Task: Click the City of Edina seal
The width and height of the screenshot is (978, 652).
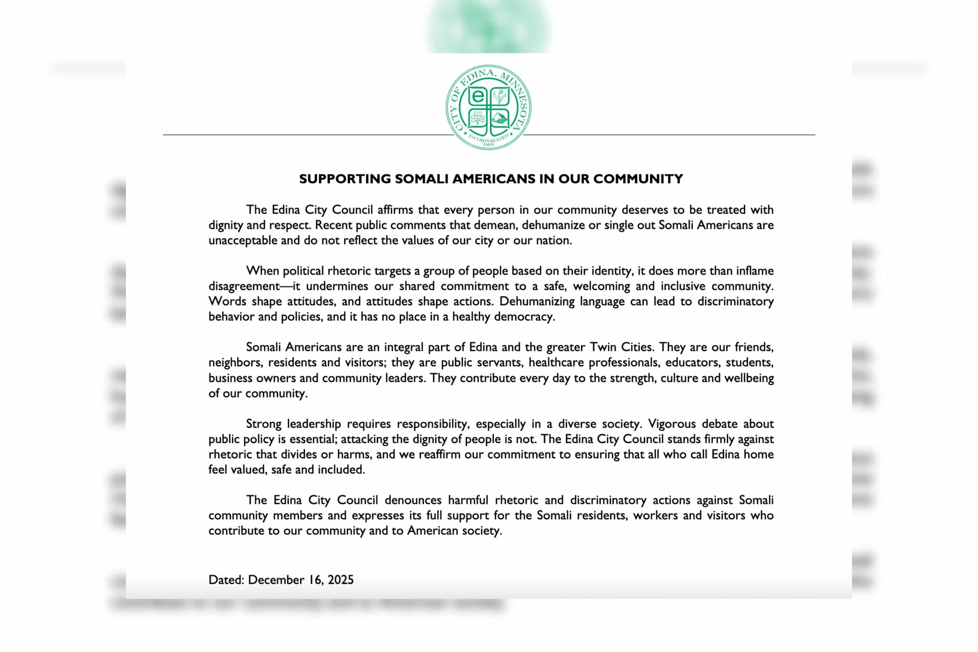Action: point(488,107)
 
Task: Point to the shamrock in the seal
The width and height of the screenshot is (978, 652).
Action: point(478,119)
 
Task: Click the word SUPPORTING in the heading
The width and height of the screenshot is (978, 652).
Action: point(345,179)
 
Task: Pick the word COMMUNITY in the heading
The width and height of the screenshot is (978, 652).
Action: point(638,179)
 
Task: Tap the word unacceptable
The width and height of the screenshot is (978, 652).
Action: point(242,240)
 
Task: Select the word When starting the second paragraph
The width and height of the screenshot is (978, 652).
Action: point(262,271)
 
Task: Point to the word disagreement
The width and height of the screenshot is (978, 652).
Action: point(244,286)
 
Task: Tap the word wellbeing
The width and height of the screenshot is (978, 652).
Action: point(749,378)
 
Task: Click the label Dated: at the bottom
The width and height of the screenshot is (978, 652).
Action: point(226,580)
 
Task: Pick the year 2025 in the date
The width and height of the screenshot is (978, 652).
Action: point(341,580)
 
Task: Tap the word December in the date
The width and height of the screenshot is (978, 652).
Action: point(277,580)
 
